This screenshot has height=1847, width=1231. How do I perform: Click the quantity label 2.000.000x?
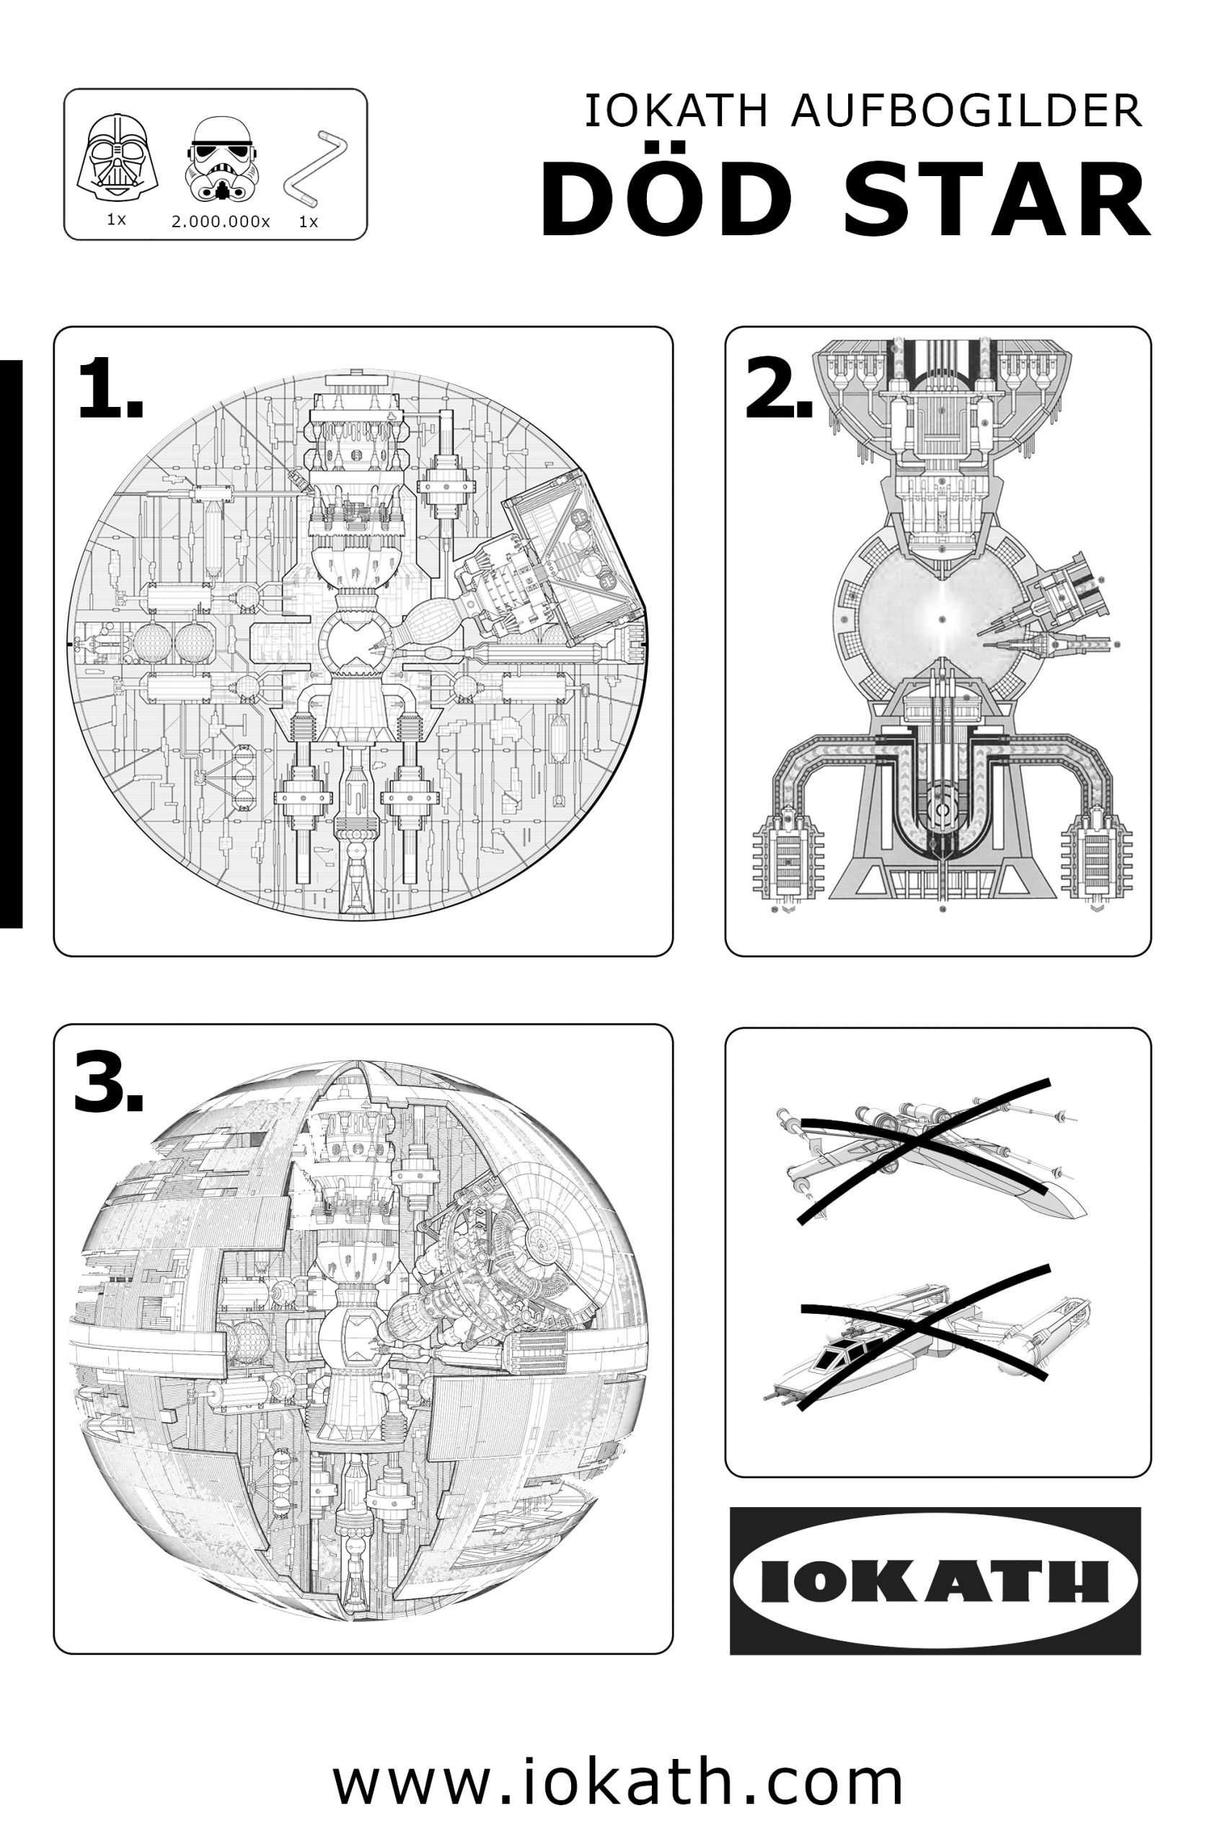[x=221, y=222]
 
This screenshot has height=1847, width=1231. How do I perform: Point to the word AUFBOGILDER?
[x=966, y=112]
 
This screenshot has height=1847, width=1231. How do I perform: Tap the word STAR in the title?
[x=996, y=199]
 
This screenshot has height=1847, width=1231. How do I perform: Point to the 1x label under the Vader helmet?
[x=116, y=220]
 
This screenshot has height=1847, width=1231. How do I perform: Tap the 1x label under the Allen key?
[x=309, y=222]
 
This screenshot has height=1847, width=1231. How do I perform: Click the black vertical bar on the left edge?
[x=11, y=644]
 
